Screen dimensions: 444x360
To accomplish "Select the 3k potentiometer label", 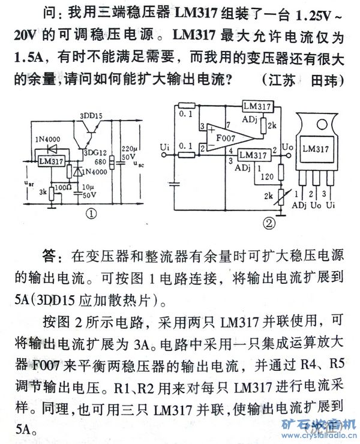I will [42, 192].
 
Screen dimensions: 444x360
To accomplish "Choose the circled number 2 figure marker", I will [269, 223].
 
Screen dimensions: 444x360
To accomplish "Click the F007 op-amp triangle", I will [219, 139].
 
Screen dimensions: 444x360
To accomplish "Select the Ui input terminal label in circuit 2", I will [166, 146].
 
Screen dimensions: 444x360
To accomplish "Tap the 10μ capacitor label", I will [89, 187].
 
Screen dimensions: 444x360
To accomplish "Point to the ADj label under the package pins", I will [299, 205].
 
